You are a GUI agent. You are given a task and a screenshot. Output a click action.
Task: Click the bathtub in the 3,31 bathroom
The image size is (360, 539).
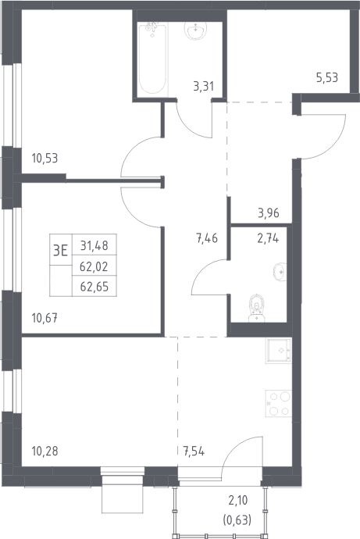pyautogui.click(x=152, y=59)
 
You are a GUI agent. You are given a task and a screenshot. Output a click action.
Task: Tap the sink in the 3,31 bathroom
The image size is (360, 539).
pyautogui.click(x=195, y=30)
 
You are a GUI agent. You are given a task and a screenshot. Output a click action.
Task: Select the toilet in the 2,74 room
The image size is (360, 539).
pyautogui.click(x=257, y=308)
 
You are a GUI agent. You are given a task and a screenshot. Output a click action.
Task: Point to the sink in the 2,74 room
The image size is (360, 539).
pyautogui.click(x=280, y=272)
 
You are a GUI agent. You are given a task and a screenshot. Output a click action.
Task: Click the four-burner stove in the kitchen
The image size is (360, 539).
pyautogui.click(x=279, y=404)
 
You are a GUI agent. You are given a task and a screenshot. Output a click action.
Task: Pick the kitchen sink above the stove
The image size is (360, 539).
pyautogui.click(x=278, y=351)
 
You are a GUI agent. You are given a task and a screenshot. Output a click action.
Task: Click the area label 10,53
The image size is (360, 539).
pyautogui.click(x=45, y=159)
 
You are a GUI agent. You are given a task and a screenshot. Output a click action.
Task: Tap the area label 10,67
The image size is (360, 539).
pyautogui.click(x=45, y=318)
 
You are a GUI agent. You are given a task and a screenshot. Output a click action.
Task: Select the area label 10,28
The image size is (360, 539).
pyautogui.click(x=45, y=451)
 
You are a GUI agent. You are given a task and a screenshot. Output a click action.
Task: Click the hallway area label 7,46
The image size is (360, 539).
pyautogui.click(x=207, y=238)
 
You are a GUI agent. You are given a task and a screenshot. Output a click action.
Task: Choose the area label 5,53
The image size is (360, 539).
pyautogui.click(x=327, y=77)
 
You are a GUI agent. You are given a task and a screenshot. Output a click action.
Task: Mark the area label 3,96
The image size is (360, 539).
pyautogui.click(x=269, y=213)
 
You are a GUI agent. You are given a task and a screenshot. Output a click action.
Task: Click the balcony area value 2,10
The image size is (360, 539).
pyautogui.click(x=237, y=500)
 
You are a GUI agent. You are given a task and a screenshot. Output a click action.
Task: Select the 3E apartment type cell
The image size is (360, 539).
pyautogui.click(x=61, y=250)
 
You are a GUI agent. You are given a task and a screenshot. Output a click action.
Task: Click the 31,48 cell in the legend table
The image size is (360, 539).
pyautogui.click(x=94, y=245)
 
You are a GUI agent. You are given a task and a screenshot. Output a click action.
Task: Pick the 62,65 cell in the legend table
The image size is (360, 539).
pyautogui.click(x=94, y=287)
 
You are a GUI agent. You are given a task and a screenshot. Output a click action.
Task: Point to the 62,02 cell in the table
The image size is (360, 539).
pyautogui.click(x=94, y=266)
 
